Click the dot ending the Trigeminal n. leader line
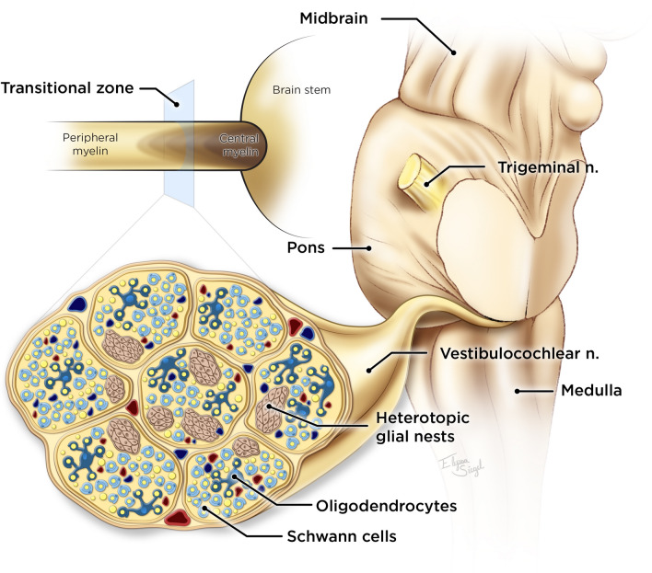[429, 183]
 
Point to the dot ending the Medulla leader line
[518, 391]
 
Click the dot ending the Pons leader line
[367, 246]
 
